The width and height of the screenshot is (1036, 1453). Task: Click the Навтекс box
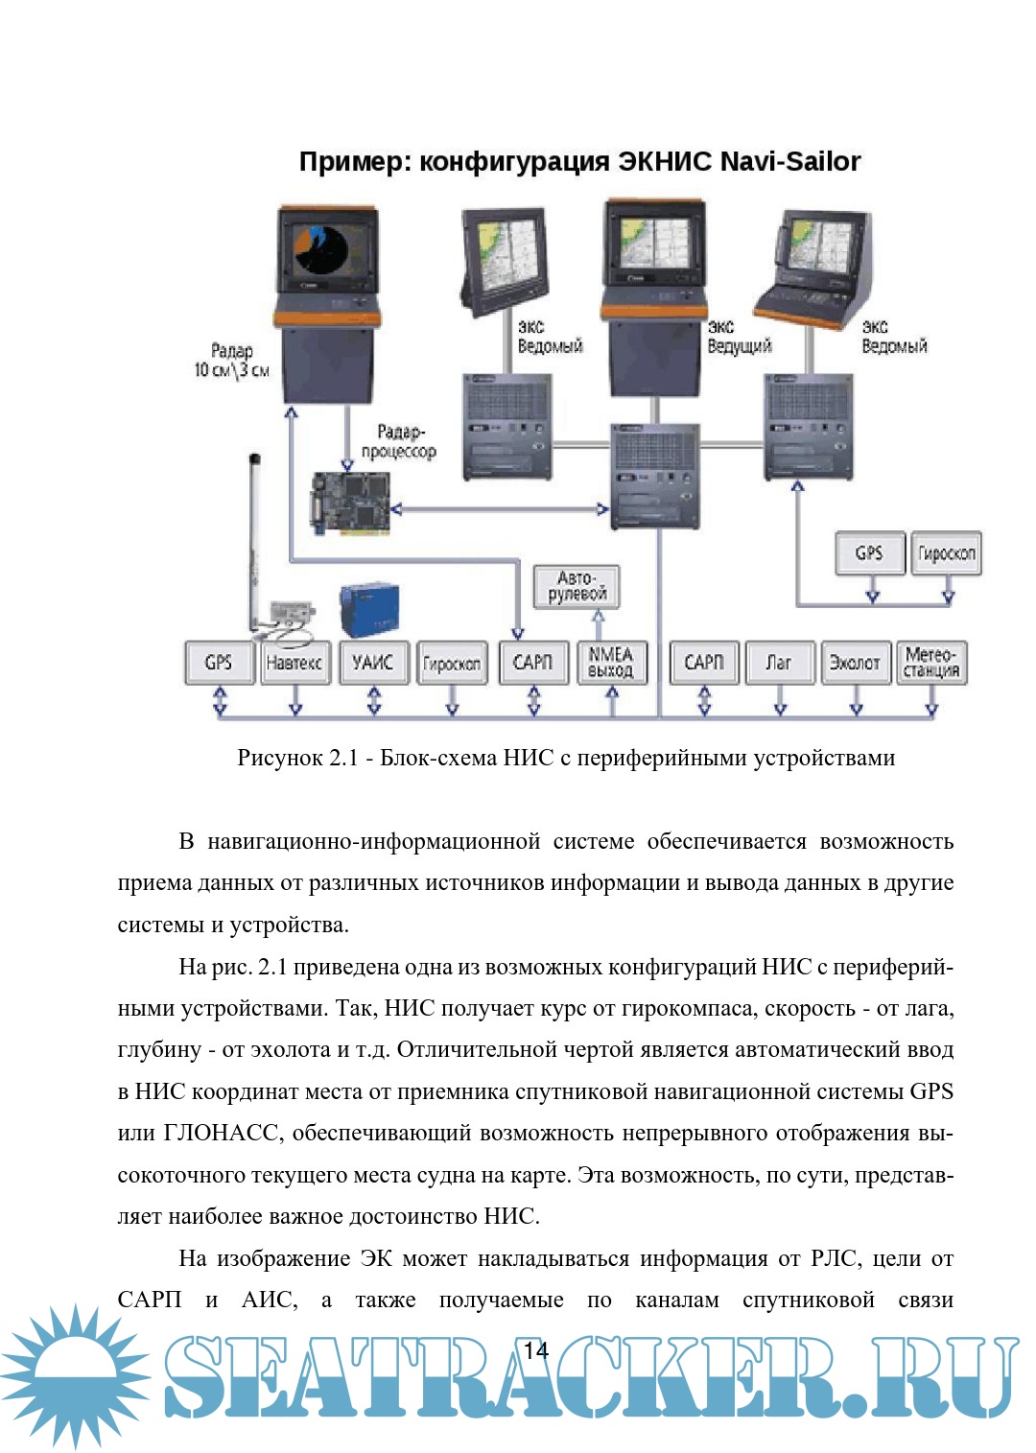[x=294, y=663]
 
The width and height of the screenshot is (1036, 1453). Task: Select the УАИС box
[x=373, y=663]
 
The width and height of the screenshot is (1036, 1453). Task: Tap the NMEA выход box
[x=611, y=663]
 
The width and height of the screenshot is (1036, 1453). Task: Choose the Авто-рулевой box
[x=577, y=586]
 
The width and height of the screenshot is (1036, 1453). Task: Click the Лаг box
[x=779, y=663]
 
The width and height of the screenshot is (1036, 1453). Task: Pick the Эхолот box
[x=855, y=663]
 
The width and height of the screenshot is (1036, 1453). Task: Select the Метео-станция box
[x=931, y=663]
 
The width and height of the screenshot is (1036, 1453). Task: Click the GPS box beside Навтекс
[x=219, y=663]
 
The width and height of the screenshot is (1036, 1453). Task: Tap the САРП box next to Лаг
[x=703, y=663]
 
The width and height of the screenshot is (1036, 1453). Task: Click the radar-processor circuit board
[x=351, y=502]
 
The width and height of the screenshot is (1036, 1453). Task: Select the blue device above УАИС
[x=369, y=610]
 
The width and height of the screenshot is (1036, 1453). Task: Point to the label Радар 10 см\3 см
[x=231, y=361]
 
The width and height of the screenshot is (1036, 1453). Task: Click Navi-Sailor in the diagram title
[x=789, y=161]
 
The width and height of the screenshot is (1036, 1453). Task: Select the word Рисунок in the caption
[x=280, y=758]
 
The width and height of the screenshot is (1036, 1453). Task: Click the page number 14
[x=535, y=1350]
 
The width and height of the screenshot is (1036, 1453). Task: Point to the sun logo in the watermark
[x=75, y=1375]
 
